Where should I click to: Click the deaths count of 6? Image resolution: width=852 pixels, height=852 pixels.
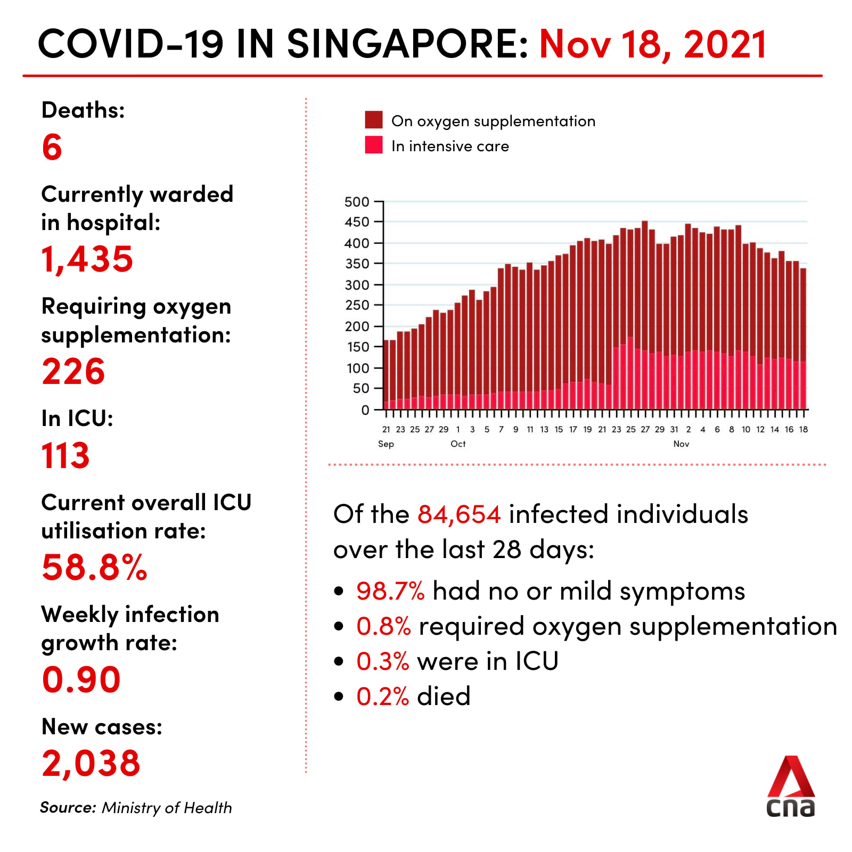pyautogui.click(x=52, y=148)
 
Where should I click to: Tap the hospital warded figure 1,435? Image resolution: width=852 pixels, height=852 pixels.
pyautogui.click(x=87, y=259)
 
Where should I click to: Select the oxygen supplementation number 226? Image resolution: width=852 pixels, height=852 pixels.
pyautogui.click(x=73, y=371)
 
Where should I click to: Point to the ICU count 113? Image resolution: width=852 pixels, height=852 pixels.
pyautogui.click(x=66, y=456)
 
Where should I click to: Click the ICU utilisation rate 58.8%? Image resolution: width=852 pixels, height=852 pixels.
pyautogui.click(x=94, y=568)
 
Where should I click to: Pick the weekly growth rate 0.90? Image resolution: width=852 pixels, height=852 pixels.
pyautogui.click(x=81, y=680)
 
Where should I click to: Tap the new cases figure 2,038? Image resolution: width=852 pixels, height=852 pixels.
pyautogui.click(x=91, y=763)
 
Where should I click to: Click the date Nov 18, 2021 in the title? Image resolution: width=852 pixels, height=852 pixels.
pyautogui.click(x=653, y=44)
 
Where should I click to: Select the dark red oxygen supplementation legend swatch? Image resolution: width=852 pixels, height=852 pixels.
pyautogui.click(x=374, y=120)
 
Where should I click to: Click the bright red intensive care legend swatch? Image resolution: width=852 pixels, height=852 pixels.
pyautogui.click(x=374, y=145)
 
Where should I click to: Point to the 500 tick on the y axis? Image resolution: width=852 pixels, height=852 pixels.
pyautogui.click(x=357, y=202)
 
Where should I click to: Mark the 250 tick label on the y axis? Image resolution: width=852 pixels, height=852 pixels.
pyautogui.click(x=357, y=306)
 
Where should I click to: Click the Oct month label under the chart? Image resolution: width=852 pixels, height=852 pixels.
pyautogui.click(x=458, y=444)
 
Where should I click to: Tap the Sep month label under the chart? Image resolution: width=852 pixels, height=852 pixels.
pyautogui.click(x=386, y=444)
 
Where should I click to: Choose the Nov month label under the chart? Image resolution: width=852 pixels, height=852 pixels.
pyautogui.click(x=681, y=444)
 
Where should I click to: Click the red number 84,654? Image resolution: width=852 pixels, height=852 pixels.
pyautogui.click(x=459, y=514)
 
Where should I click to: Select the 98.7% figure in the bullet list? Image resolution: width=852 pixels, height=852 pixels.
pyautogui.click(x=390, y=591)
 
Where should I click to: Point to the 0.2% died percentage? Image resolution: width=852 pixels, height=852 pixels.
pyautogui.click(x=382, y=697)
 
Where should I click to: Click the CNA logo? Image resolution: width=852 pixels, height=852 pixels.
pyautogui.click(x=791, y=787)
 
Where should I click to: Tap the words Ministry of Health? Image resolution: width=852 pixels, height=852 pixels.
pyautogui.click(x=167, y=808)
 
